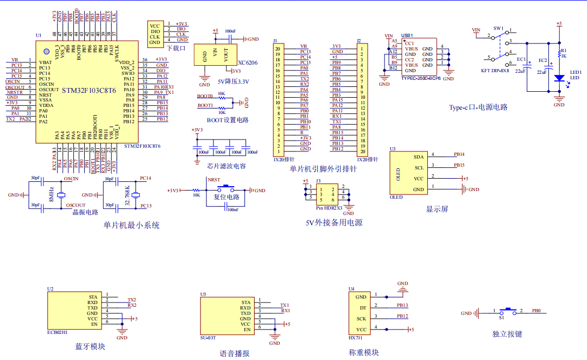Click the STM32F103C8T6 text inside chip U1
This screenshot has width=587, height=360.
88,90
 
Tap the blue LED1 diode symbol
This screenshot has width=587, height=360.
559,78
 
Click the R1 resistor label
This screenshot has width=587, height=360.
563,50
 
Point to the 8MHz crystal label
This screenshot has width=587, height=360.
52,195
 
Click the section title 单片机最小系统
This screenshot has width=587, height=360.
131,225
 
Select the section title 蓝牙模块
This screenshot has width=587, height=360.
90,346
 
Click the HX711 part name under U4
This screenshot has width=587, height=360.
356,337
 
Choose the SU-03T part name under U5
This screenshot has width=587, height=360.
208,338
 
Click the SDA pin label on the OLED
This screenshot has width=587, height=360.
418,157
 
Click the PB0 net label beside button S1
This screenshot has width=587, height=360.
536,311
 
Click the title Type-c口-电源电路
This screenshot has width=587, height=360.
478,107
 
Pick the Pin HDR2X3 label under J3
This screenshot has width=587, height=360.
329,207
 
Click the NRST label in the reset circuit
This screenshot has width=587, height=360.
214,180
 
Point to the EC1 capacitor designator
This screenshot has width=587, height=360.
521,59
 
